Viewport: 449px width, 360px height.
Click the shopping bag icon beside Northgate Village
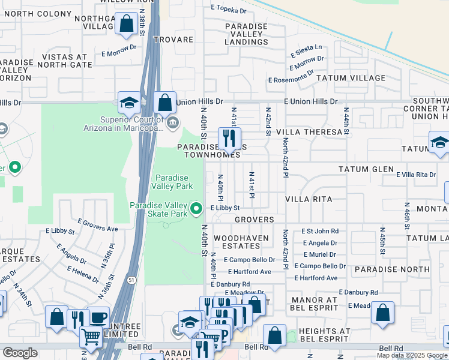pyautogui.click(x=127, y=25)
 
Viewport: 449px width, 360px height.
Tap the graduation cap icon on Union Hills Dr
pyautogui.click(x=129, y=103)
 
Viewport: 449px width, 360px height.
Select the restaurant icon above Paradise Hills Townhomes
pyautogui.click(x=229, y=139)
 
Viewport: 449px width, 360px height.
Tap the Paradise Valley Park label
pyautogui.click(x=172, y=182)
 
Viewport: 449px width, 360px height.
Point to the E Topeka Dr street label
pyautogui.click(x=229, y=10)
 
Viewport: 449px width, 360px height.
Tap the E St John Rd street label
pyautogui.click(x=320, y=231)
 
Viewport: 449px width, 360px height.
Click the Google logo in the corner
pyautogui.click(x=20, y=353)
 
